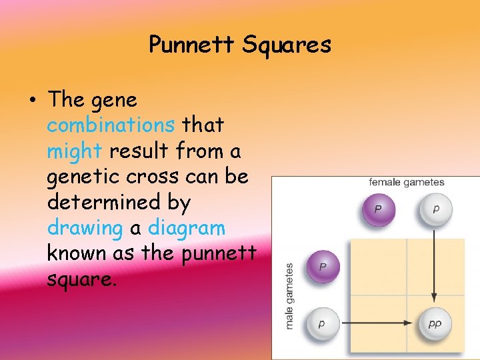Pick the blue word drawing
(x=85, y=227)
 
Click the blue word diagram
(x=187, y=227)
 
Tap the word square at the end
(x=81, y=279)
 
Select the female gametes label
(x=407, y=182)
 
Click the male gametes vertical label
(x=289, y=295)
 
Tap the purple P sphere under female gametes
(x=378, y=209)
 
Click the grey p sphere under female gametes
(x=435, y=209)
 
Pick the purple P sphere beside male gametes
(x=323, y=267)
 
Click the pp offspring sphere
(x=435, y=323)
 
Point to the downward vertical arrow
(x=435, y=267)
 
